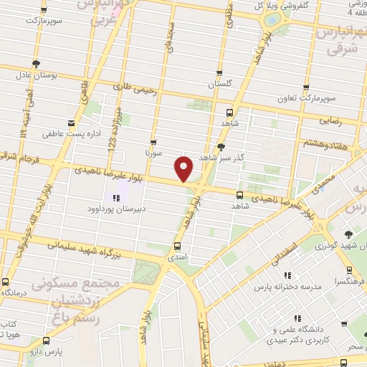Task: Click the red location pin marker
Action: [x=184, y=168]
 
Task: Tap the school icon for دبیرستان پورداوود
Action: [x=115, y=197]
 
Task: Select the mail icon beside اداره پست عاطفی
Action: [x=71, y=123]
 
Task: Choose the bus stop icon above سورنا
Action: [x=153, y=142]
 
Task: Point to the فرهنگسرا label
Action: [x=350, y=281]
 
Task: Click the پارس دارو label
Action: [x=49, y=352]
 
